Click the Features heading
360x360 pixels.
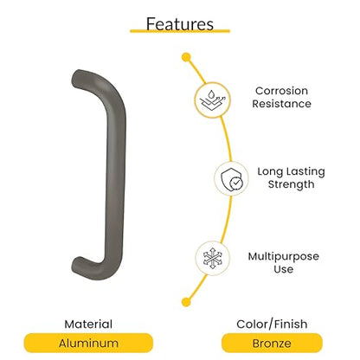coord(180,23)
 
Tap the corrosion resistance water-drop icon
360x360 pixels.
coord(213,100)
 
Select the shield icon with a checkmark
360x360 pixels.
coord(231,179)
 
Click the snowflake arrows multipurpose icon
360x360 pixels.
coord(213,258)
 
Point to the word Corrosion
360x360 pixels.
coord(281,91)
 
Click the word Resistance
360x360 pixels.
coord(281,104)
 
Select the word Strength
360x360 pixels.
coord(291,184)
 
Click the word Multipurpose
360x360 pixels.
coord(284,256)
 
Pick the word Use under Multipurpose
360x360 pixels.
coord(284,269)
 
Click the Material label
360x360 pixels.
coord(88,325)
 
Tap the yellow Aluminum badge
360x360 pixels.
coord(88,343)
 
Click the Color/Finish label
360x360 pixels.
coord(272,325)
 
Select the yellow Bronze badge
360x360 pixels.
coord(272,343)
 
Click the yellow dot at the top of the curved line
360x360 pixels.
coord(186,57)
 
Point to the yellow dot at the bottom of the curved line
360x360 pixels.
coord(186,302)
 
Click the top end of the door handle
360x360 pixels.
coord(76,78)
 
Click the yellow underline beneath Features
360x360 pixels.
coord(180,30)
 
